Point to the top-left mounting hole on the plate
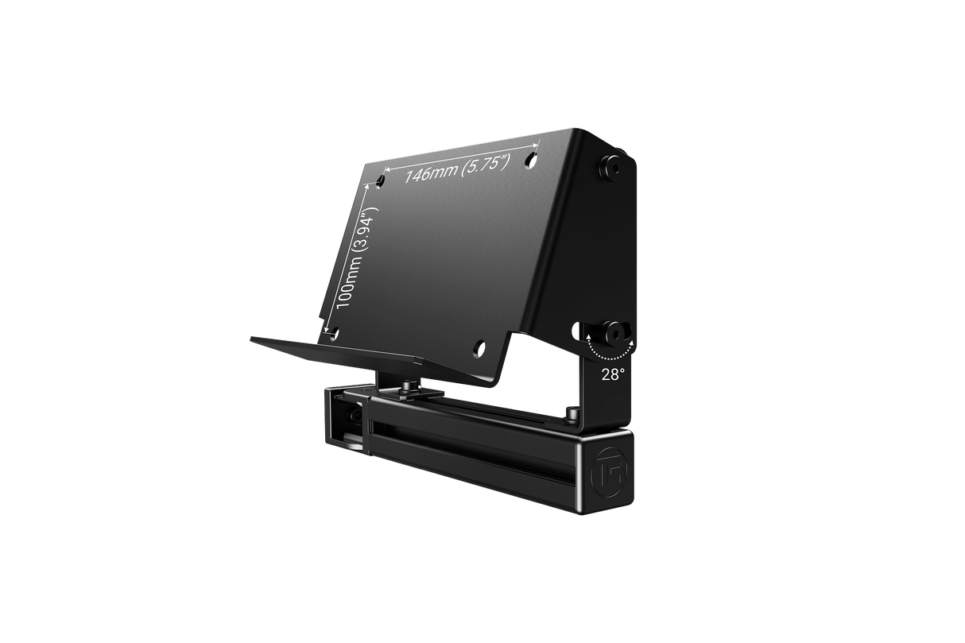(381, 182)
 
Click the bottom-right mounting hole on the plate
(479, 346)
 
